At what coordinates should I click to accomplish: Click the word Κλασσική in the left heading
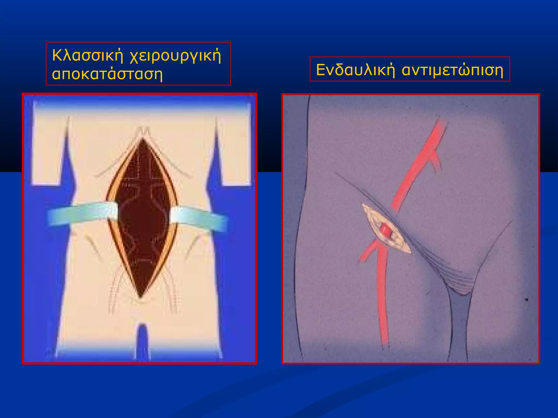[88, 55]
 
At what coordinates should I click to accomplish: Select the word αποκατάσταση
[107, 74]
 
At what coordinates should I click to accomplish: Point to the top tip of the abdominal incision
[142, 140]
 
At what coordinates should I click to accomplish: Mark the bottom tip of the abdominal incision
[141, 297]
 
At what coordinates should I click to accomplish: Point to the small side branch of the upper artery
[436, 161]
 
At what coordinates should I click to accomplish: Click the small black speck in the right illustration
[527, 300]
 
